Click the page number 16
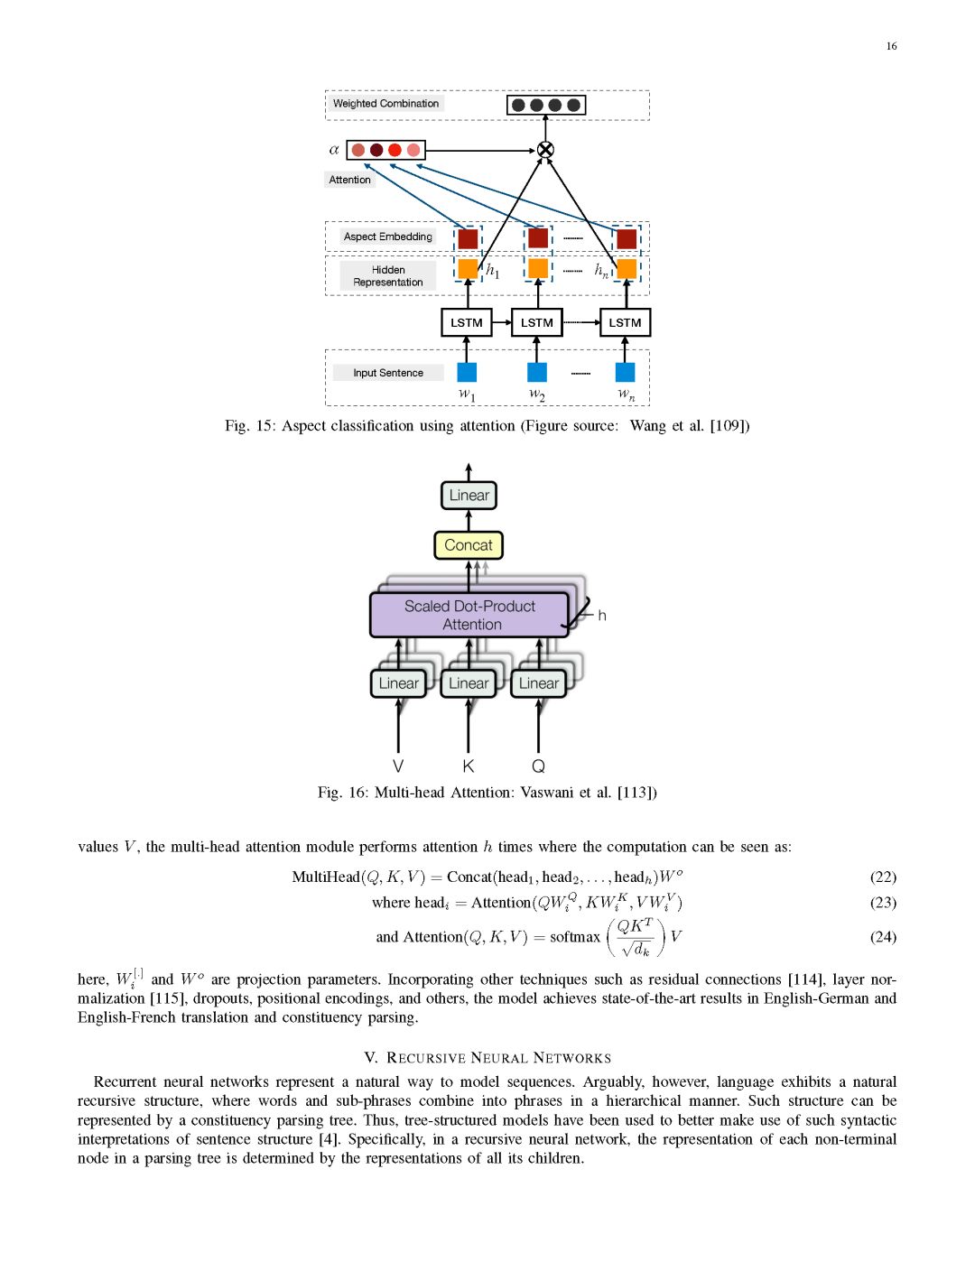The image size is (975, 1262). point(891,46)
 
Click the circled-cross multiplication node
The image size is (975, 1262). point(545,150)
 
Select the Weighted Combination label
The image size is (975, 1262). point(385,104)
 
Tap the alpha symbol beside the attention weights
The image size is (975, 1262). point(334,150)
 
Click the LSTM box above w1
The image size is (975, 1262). point(467,322)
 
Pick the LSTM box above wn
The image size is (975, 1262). point(625,322)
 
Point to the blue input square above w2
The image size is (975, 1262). point(537,372)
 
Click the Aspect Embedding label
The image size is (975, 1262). point(387,237)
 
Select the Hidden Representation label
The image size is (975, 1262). point(388,276)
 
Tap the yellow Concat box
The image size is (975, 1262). point(469,545)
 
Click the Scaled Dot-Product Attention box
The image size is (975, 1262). point(469,615)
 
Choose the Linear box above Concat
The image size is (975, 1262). point(469,496)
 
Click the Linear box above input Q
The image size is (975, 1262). point(539,683)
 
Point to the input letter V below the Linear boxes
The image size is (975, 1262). point(398,766)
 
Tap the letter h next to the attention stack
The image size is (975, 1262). point(602,616)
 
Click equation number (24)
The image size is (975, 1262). point(883,937)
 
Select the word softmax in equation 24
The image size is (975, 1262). point(575,937)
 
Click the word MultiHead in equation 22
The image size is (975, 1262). point(326,877)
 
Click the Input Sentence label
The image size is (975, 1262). point(388,373)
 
